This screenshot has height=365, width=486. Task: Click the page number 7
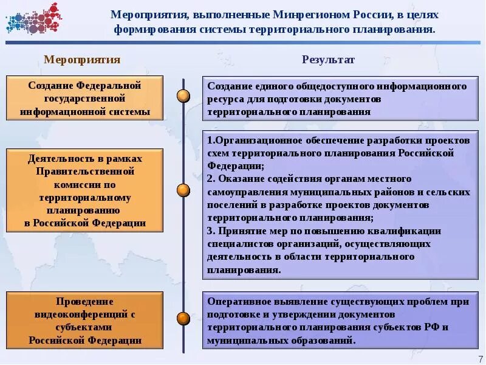click(x=481, y=358)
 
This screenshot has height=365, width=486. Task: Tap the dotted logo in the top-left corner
click(x=34, y=18)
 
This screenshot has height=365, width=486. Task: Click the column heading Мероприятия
click(x=83, y=60)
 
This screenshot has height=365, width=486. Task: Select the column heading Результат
click(x=329, y=60)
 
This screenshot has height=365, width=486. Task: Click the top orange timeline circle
click(x=183, y=96)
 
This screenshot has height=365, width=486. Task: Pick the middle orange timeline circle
click(x=183, y=190)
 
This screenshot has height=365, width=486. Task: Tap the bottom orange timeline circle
click(x=183, y=318)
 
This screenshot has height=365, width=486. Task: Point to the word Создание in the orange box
click(x=50, y=86)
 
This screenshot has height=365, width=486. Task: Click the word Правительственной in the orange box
click(x=85, y=171)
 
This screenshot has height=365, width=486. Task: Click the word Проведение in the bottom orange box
click(x=84, y=302)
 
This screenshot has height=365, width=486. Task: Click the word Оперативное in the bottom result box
click(x=237, y=302)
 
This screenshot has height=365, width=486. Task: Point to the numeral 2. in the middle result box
click(x=211, y=179)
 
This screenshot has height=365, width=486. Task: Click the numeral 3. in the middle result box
click(x=211, y=231)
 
